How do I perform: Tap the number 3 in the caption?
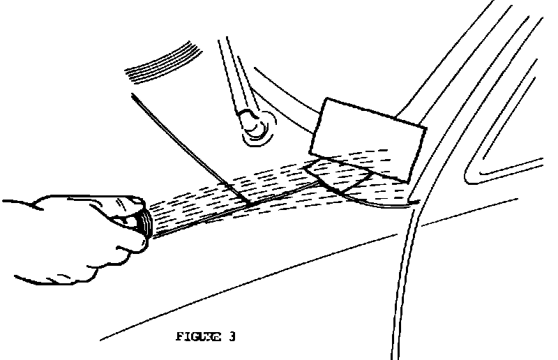coord(230,338)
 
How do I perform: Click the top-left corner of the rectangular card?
coord(325,98)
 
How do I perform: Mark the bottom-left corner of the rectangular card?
coord(310,153)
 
